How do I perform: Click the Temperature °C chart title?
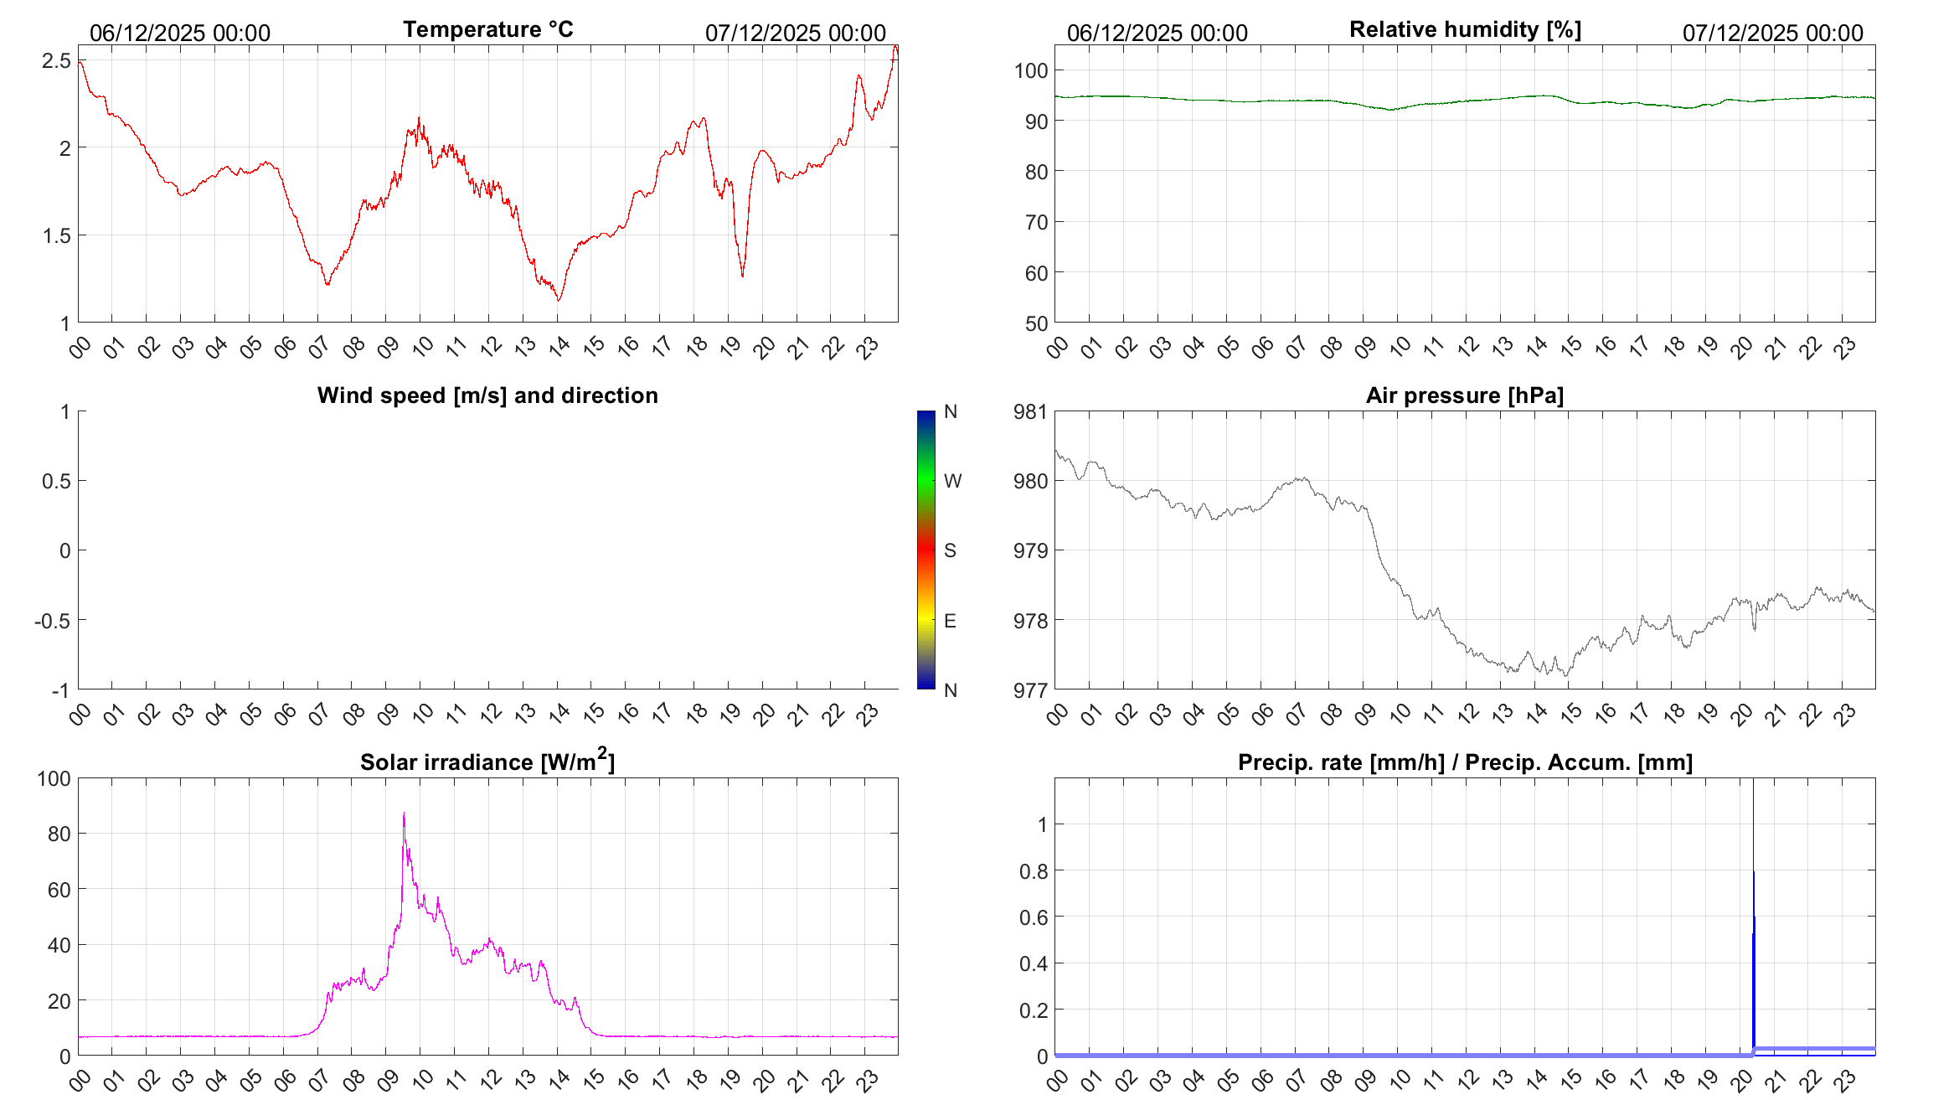(x=487, y=29)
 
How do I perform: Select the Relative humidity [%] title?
(x=1465, y=29)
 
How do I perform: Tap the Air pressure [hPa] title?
(x=1464, y=395)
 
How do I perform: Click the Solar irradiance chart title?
(x=487, y=762)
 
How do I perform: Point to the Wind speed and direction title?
(x=487, y=395)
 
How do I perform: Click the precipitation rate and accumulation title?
(x=1465, y=762)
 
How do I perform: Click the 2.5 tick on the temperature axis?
(x=57, y=60)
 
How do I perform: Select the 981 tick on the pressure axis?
(x=1030, y=411)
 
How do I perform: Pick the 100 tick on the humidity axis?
(x=1031, y=70)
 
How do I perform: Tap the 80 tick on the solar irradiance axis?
(x=59, y=834)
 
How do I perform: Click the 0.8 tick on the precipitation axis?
(x=1034, y=871)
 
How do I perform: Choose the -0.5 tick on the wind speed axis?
(x=52, y=621)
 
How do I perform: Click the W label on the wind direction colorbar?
(x=952, y=481)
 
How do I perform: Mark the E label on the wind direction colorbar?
(x=950, y=621)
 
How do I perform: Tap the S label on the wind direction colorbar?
(x=950, y=550)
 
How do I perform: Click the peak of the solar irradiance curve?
(x=404, y=813)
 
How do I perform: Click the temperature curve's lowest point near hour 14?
(x=559, y=299)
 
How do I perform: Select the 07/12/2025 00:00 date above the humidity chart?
(x=1772, y=34)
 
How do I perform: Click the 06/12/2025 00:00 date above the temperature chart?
(x=180, y=34)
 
